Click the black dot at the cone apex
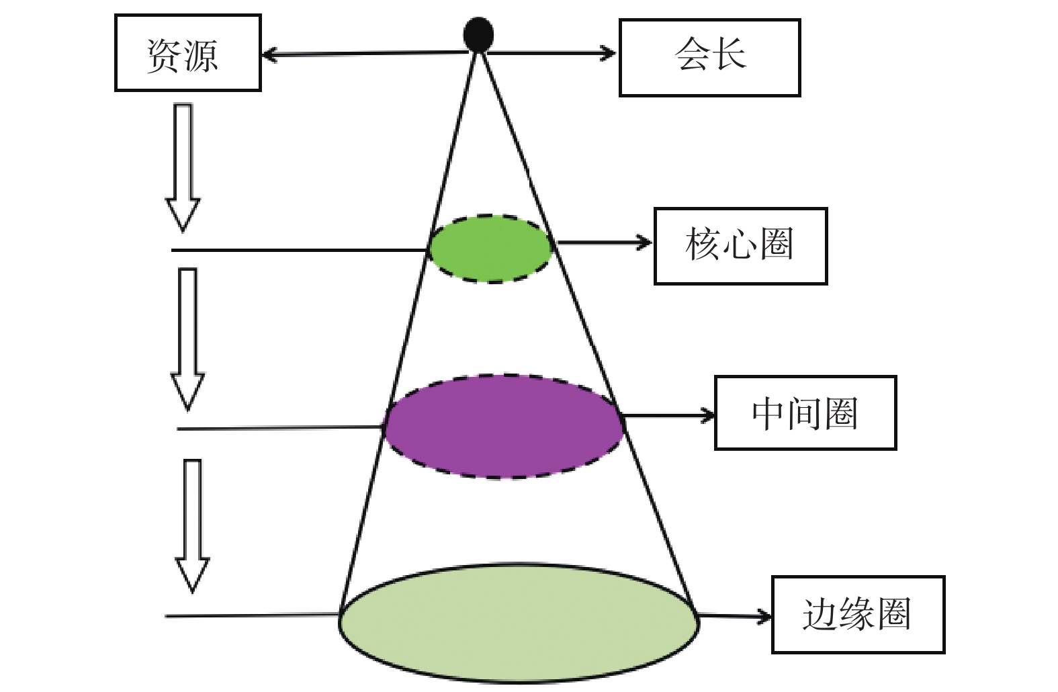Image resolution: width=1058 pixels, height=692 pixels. click(x=478, y=34)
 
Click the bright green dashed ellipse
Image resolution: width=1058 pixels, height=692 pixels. click(x=490, y=249)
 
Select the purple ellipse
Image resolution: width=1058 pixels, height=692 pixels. click(x=504, y=426)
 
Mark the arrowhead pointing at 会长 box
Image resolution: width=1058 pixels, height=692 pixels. click(x=609, y=53)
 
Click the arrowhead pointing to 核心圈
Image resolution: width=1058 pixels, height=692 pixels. click(x=644, y=243)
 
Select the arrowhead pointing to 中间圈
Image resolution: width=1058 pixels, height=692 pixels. click(x=707, y=416)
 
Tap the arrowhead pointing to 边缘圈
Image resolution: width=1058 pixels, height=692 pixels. click(x=764, y=617)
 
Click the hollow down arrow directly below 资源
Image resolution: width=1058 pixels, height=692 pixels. click(x=183, y=167)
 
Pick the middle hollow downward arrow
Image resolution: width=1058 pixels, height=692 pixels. click(x=187, y=339)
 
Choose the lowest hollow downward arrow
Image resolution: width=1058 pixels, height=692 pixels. click(x=192, y=526)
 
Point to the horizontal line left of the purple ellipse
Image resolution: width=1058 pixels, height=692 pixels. click(x=281, y=428)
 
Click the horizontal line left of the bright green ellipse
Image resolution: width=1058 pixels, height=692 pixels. click(x=300, y=250)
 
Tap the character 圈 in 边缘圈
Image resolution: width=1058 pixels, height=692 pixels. click(x=893, y=614)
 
